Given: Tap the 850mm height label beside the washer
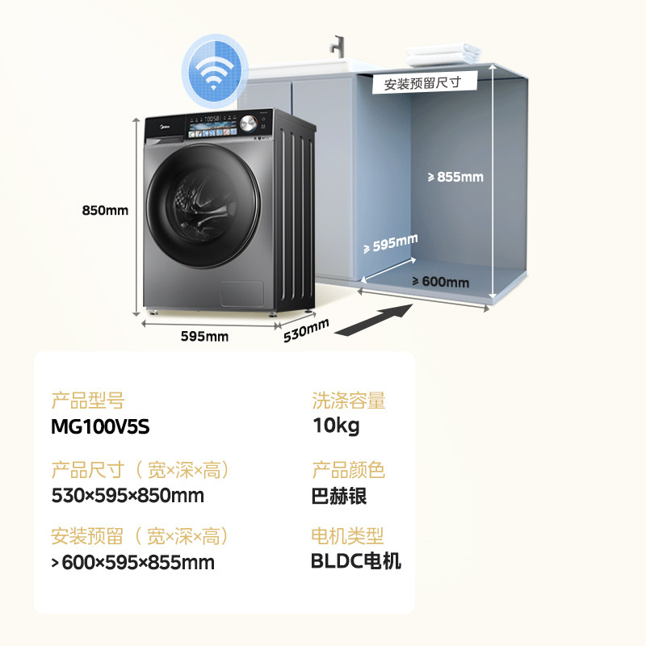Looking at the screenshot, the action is click(105, 210).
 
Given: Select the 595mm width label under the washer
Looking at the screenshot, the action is click(205, 336).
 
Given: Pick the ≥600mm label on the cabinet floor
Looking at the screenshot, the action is click(440, 282).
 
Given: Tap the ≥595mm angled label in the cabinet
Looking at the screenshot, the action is click(391, 243).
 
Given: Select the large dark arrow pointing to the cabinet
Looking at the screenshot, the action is click(375, 320).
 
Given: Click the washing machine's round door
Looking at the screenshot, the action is click(204, 202).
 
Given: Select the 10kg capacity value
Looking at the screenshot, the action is click(335, 426).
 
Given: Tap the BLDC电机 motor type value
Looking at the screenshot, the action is click(356, 561).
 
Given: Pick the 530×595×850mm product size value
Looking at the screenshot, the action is click(128, 495).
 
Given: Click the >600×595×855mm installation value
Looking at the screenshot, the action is click(133, 562).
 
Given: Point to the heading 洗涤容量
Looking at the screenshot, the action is click(349, 401).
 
